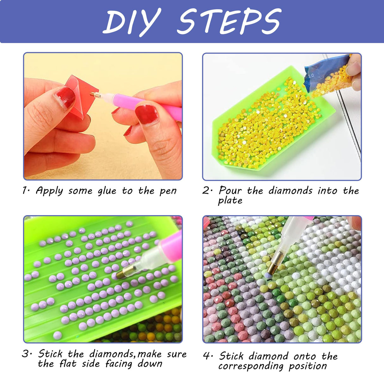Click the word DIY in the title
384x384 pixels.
click(x=132, y=22)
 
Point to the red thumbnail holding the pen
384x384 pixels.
click(x=146, y=114)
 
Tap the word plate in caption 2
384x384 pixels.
click(x=230, y=201)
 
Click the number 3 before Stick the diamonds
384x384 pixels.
click(x=26, y=354)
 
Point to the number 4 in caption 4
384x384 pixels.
click(x=207, y=356)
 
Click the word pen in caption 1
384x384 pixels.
click(x=168, y=191)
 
